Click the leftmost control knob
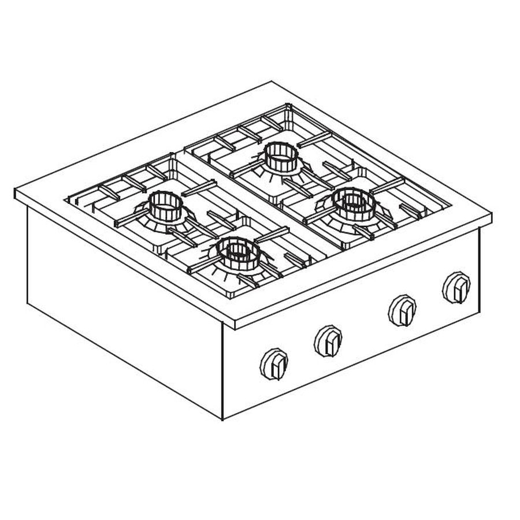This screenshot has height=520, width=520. [273, 363]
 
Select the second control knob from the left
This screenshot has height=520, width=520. [328, 340]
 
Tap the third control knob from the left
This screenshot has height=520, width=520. [402, 310]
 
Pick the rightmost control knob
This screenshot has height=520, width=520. [456, 287]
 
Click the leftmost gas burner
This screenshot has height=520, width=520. [166, 209]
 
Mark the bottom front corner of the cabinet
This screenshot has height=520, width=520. [223, 418]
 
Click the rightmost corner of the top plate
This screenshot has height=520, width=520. [491, 217]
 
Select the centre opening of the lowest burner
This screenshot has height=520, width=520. [237, 249]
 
